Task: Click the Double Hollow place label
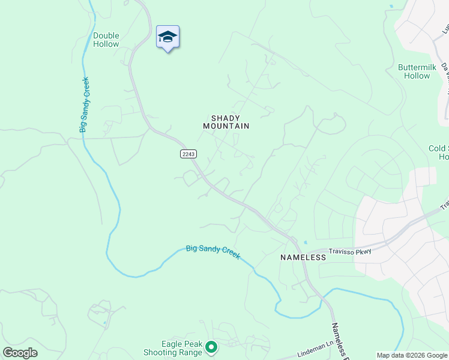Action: click(x=106, y=40)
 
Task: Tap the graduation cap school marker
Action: click(x=167, y=37)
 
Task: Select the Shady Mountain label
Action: click(x=226, y=122)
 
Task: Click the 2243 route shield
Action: click(x=188, y=154)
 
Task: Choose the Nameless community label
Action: click(x=303, y=257)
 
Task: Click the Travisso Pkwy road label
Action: click(x=349, y=251)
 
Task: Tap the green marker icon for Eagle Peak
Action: click(x=211, y=346)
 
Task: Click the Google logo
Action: click(x=20, y=353)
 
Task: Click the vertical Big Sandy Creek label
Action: click(x=84, y=104)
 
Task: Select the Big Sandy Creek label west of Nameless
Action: click(x=213, y=251)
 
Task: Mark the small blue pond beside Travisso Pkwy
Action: click(x=306, y=243)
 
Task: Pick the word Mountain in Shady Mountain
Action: click(x=226, y=126)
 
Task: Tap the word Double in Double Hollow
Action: click(x=106, y=35)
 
